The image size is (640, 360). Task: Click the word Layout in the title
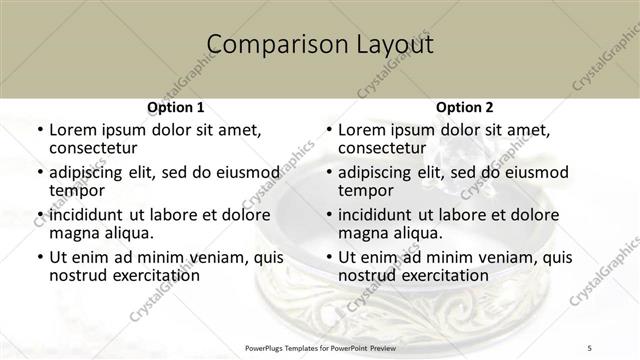point(389,45)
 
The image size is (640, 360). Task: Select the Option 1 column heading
point(176,107)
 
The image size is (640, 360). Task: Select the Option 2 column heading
point(464,107)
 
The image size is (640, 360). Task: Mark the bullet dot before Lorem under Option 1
point(39,131)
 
